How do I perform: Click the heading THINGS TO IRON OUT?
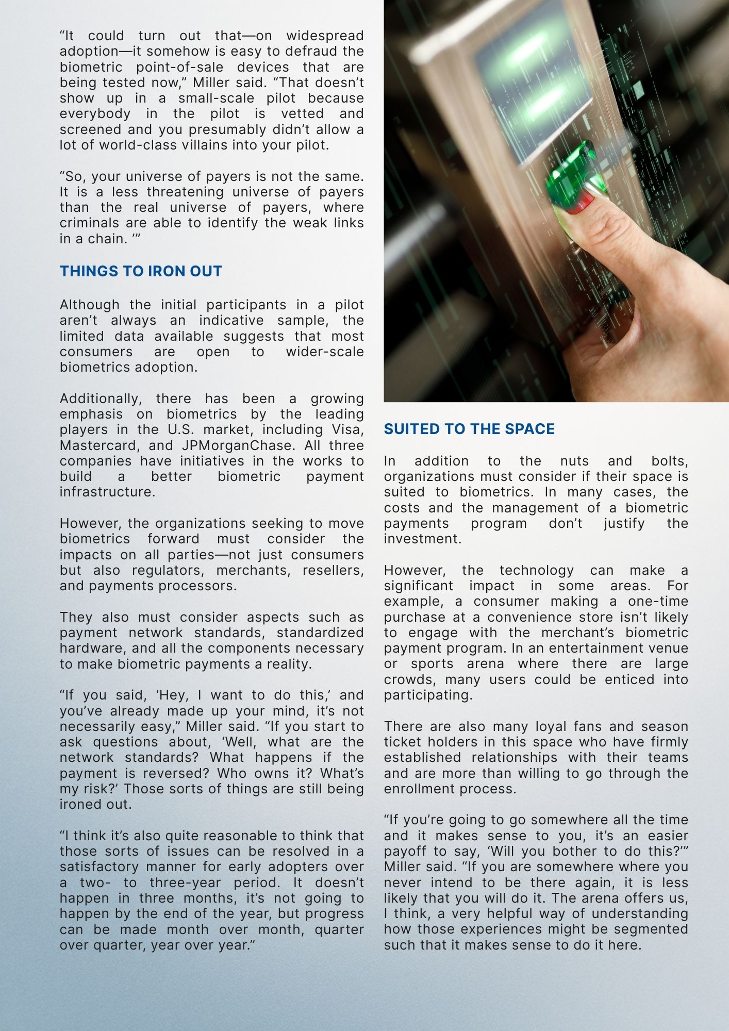pyautogui.click(x=141, y=271)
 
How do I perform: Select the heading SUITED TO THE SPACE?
pyautogui.click(x=469, y=429)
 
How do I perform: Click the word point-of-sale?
pyautogui.click(x=180, y=67)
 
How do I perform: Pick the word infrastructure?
pyautogui.click(x=107, y=492)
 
